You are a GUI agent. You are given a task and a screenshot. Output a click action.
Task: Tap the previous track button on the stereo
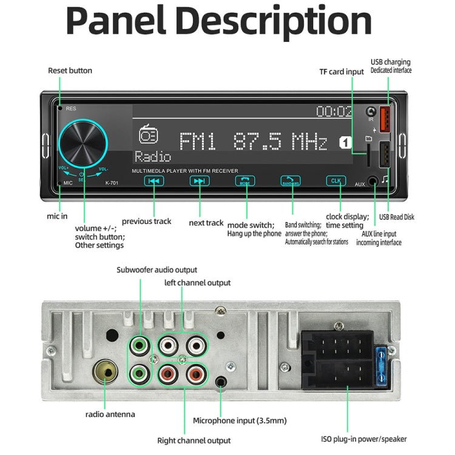(155, 181)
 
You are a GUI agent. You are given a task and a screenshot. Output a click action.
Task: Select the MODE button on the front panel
(244, 181)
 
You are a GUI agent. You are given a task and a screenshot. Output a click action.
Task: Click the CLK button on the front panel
(335, 181)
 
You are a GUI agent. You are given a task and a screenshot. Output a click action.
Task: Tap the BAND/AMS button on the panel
(290, 181)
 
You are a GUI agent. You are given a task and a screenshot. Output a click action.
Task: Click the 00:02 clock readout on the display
(334, 112)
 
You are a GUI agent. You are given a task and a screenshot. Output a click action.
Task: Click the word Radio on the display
(153, 157)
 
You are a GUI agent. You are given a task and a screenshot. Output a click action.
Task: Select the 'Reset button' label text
(70, 71)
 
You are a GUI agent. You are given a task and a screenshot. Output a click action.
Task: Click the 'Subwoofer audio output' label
(157, 270)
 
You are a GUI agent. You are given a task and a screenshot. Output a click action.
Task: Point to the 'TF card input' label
(342, 72)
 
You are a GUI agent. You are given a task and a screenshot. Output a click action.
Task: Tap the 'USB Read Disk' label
(396, 217)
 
